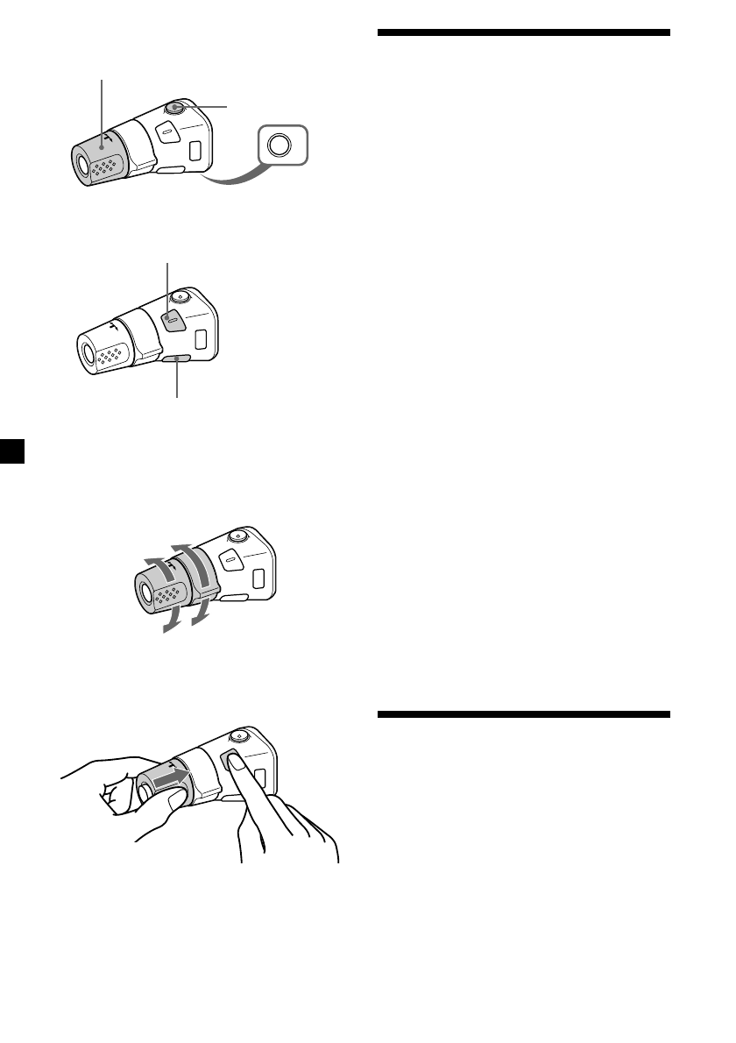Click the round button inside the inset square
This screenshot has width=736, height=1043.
point(280,145)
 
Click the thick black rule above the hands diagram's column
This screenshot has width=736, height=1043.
point(524,714)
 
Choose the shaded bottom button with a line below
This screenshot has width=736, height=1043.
point(177,358)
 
